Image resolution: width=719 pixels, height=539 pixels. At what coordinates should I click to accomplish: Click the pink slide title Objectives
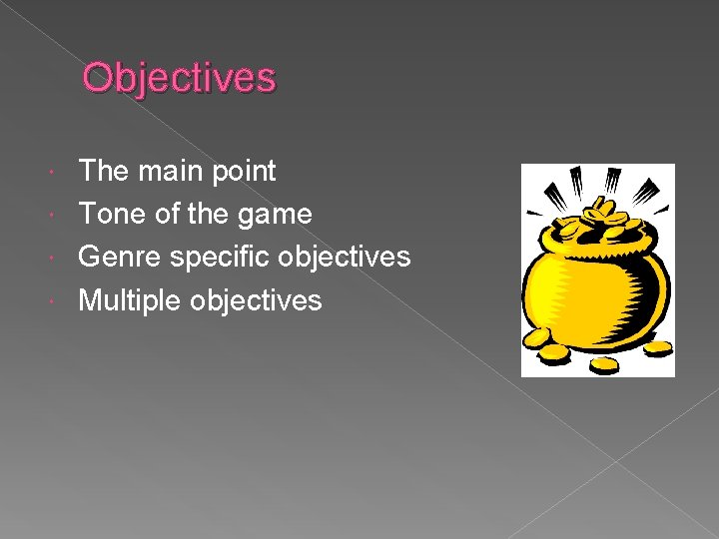coord(179,77)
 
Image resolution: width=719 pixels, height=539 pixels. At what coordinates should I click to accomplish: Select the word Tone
coord(110,214)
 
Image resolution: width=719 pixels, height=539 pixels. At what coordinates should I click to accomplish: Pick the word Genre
coord(120,257)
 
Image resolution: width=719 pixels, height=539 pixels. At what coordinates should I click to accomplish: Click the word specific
coord(220,258)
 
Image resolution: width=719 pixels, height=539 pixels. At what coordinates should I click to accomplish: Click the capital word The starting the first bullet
coord(103,171)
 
